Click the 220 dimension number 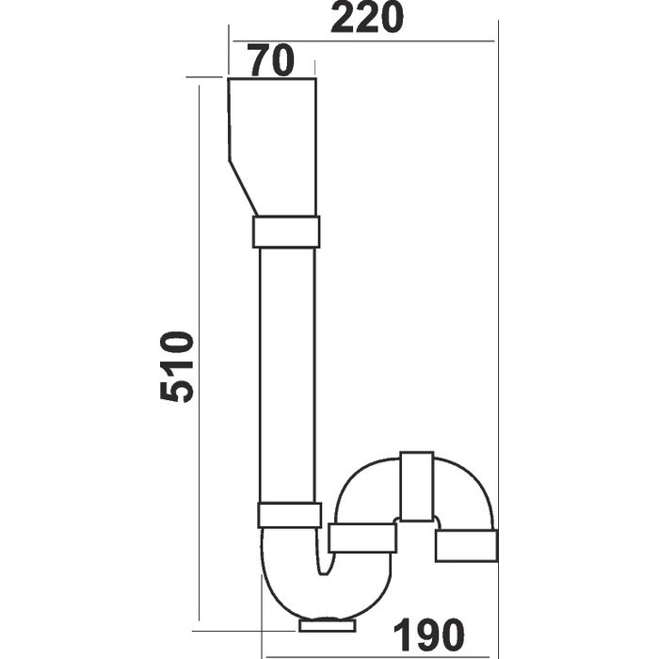click(367, 18)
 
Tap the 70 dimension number click(271, 60)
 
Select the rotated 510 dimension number click(177, 366)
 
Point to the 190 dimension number click(429, 635)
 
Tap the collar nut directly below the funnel click(286, 232)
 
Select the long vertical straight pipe click(287, 375)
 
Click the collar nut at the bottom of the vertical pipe click(289, 515)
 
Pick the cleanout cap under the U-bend click(328, 624)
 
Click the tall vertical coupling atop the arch click(416, 487)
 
